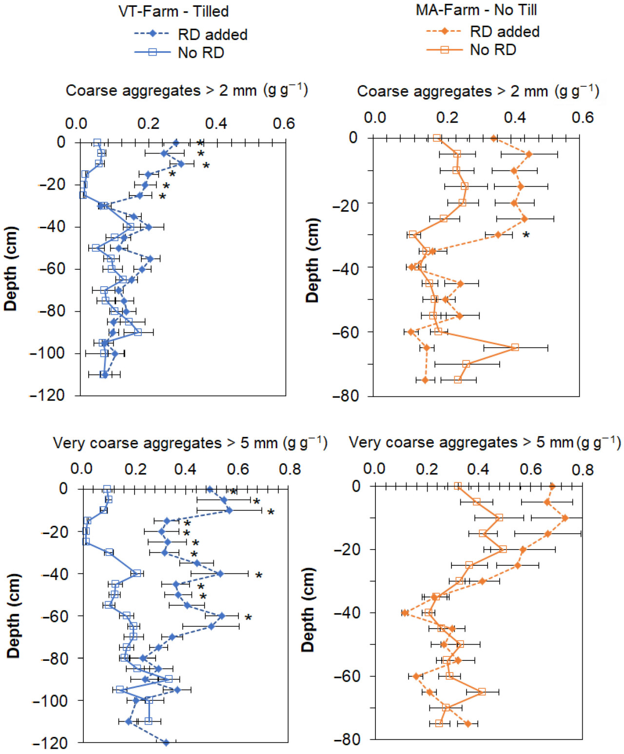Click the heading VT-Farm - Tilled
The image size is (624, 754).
[174, 11]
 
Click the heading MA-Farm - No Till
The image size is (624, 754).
[476, 10]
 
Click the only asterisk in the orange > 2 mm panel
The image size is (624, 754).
[526, 236]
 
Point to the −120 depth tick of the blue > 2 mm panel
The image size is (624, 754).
[48, 395]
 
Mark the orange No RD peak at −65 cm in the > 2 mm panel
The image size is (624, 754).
[515, 347]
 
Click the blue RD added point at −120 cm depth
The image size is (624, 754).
[166, 743]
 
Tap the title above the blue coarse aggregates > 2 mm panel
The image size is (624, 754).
[187, 91]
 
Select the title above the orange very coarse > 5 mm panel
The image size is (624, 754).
[485, 442]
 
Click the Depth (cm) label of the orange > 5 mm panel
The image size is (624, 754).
[308, 610]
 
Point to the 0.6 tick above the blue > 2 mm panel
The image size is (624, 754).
[284, 124]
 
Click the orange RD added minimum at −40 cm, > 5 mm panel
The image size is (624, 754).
[405, 613]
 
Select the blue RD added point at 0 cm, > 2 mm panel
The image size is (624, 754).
[176, 143]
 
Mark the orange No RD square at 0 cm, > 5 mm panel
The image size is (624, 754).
[457, 486]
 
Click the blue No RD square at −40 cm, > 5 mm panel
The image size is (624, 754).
[137, 574]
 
